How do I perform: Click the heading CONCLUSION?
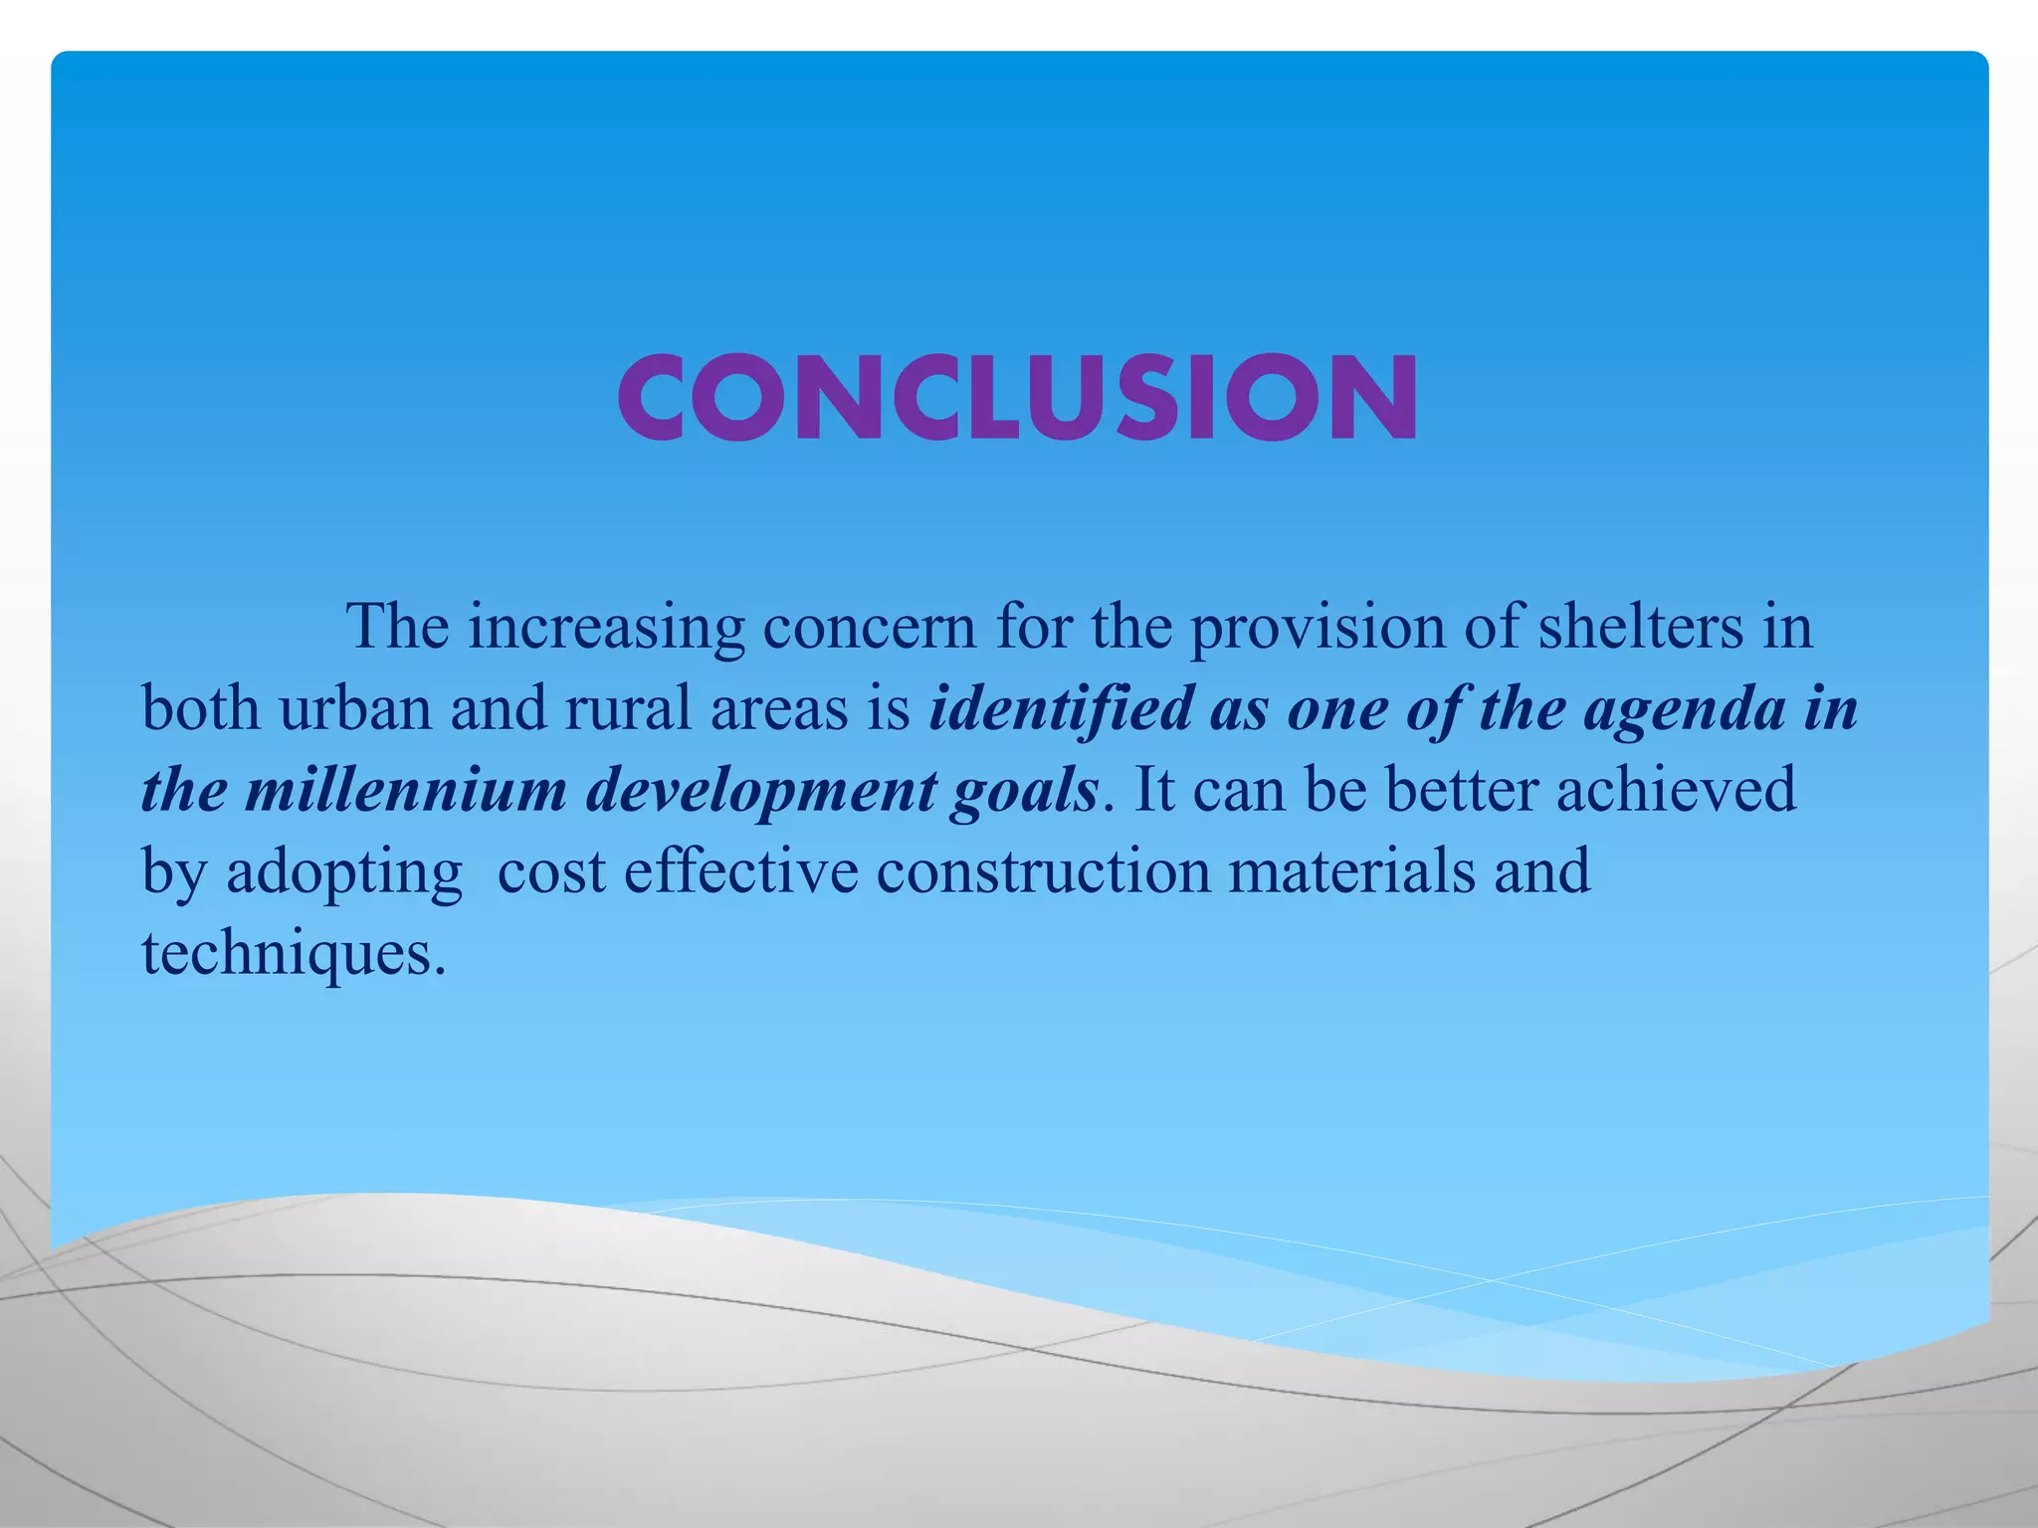(x=1017, y=397)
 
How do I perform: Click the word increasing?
(x=606, y=628)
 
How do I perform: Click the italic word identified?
(x=1061, y=709)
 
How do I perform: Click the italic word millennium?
(x=406, y=791)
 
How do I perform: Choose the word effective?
(x=740, y=872)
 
